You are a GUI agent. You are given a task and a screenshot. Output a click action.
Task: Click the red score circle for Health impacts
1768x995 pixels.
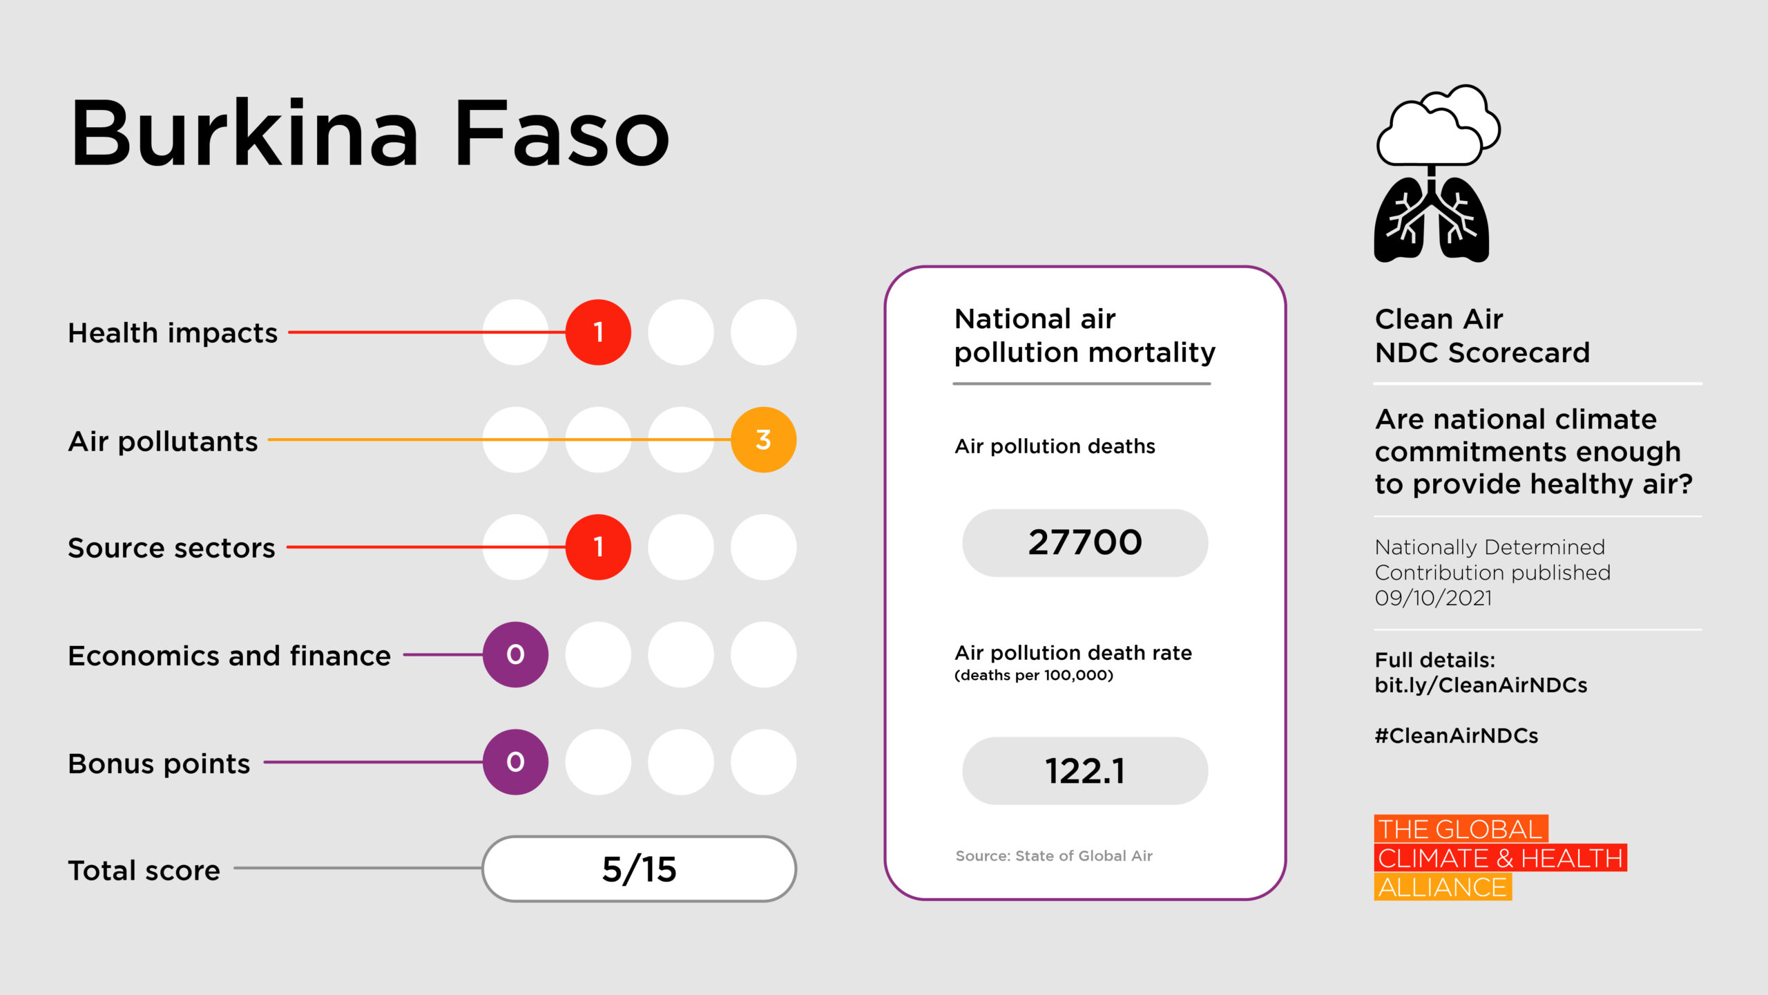(598, 332)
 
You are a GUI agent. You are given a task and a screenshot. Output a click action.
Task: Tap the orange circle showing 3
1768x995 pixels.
(763, 439)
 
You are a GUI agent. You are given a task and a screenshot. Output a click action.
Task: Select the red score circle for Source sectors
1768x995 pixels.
(598, 547)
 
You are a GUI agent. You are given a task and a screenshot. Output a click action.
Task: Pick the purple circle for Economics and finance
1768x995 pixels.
(515, 654)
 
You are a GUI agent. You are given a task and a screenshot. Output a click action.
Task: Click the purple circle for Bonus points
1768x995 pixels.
(515, 762)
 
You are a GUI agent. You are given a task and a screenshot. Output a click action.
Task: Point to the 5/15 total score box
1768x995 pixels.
(639, 869)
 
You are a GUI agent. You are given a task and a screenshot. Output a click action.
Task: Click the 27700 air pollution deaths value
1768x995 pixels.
(1084, 543)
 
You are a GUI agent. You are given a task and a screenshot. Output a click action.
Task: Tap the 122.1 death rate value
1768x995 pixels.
(1084, 771)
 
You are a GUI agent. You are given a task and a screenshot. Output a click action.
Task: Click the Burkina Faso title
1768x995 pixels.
(370, 133)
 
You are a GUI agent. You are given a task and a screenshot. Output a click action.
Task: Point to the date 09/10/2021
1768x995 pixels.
(1433, 598)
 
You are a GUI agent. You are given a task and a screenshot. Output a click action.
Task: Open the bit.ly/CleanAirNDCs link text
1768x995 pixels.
(1481, 685)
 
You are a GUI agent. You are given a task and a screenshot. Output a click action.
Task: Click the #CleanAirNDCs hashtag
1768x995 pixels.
(1456, 736)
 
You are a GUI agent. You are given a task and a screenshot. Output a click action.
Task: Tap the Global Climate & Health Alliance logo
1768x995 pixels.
(1499, 857)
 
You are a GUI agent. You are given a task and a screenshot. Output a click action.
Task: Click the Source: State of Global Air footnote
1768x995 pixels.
(1054, 856)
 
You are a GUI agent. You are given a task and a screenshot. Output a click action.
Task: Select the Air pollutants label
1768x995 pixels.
(163, 442)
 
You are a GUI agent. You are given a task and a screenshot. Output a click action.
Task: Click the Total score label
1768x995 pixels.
(144, 871)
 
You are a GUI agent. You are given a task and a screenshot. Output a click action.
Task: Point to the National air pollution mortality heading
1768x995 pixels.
(1084, 336)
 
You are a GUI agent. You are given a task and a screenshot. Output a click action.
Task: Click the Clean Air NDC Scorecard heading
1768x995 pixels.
(1482, 336)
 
